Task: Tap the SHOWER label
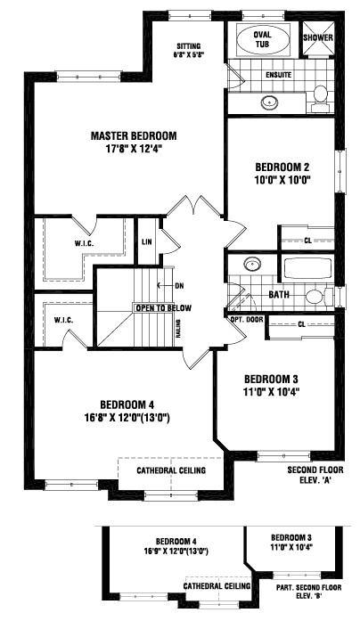[x=318, y=38]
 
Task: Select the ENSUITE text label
[x=279, y=76]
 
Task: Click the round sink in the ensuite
[x=267, y=102]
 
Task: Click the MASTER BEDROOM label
[x=134, y=135]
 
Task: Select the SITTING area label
[x=188, y=45]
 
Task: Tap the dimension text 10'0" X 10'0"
[x=282, y=179]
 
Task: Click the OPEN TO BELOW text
[x=163, y=307]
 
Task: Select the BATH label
[x=280, y=293]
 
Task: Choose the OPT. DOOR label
[x=246, y=318]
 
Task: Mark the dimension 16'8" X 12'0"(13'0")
[x=135, y=415]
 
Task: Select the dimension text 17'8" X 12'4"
[x=134, y=150]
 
